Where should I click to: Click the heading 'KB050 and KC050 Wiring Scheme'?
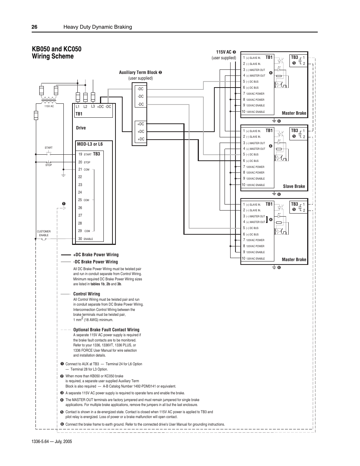coord(57,52)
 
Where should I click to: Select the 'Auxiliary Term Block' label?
coord(138,72)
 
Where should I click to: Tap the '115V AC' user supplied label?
coord(224,52)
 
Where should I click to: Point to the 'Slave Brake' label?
coord(294,186)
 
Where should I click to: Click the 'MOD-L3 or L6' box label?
coord(90,144)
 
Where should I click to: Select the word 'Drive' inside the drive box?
coord(81,128)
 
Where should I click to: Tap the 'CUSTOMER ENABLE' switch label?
coord(44,233)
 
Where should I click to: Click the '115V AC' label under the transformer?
coord(49,106)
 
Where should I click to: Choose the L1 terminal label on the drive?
coord(78,107)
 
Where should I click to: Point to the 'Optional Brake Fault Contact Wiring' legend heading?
coord(106,330)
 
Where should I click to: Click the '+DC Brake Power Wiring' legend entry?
coord(96,255)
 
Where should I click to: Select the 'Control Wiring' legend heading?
coord(86,294)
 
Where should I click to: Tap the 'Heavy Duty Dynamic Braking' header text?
coord(98,27)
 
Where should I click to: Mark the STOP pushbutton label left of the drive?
coord(49,165)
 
